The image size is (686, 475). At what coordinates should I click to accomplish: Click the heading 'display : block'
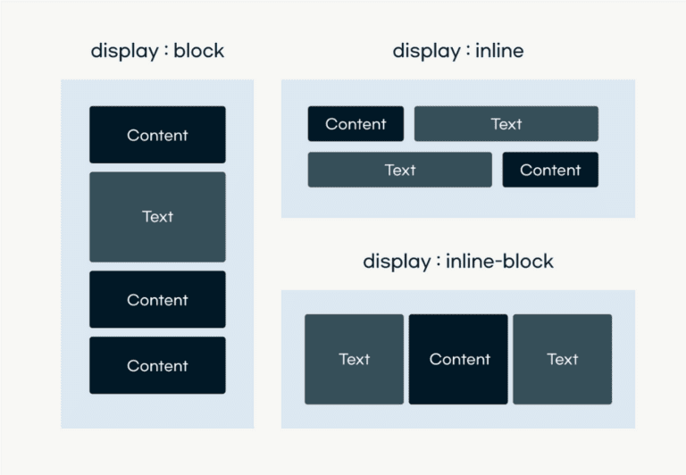[x=157, y=51]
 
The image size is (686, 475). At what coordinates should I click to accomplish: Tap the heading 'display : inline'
[x=457, y=51]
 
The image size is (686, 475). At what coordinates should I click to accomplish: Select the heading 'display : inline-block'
[x=457, y=262]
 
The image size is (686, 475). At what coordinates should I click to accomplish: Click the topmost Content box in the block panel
[x=157, y=135]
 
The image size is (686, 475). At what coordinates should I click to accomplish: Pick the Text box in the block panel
[x=157, y=217]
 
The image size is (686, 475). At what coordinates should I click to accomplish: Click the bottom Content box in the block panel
[x=157, y=365]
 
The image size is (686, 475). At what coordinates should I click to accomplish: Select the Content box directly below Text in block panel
[x=157, y=300]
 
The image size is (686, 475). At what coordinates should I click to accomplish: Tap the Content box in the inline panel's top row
[x=356, y=124]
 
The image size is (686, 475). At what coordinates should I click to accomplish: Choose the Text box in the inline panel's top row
[x=506, y=124]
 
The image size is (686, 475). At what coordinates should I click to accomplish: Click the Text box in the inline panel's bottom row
[x=399, y=170]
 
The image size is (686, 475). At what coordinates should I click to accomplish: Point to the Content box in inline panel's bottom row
[x=550, y=170]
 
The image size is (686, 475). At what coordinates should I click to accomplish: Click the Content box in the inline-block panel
[x=458, y=359]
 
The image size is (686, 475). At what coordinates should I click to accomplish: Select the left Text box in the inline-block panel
[x=354, y=359]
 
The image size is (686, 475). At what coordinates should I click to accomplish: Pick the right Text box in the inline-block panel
[x=562, y=359]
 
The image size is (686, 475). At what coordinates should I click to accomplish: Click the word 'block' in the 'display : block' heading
[x=199, y=51]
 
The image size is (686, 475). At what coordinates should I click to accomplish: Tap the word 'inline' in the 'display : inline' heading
[x=499, y=51]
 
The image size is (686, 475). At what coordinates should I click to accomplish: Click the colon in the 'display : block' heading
[x=164, y=52]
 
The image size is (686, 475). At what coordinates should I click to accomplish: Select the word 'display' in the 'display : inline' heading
[x=423, y=51]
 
